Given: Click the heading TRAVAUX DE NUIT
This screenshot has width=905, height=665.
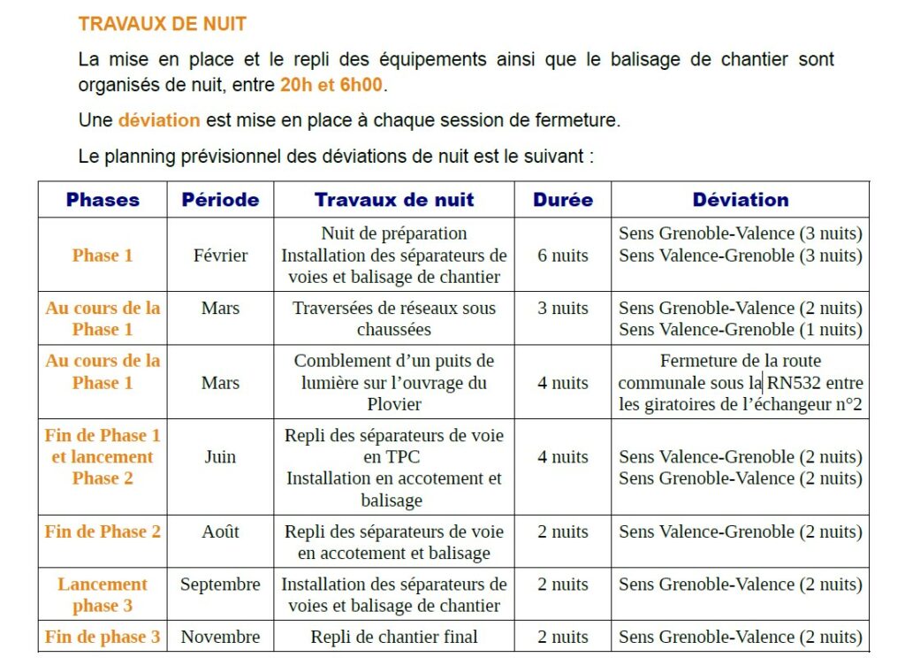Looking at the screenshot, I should [162, 24].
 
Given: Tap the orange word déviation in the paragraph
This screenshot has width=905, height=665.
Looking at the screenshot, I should [159, 120].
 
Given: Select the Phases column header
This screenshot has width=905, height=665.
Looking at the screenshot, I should [103, 200].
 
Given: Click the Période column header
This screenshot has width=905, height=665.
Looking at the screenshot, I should [220, 200].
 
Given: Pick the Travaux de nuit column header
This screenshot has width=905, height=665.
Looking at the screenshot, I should [394, 200].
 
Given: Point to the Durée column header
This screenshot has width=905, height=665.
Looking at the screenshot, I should [563, 200].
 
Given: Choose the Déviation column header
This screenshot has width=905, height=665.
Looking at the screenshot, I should [741, 200].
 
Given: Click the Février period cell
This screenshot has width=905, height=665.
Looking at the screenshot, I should [220, 256].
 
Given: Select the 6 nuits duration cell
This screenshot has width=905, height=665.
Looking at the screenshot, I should [563, 256].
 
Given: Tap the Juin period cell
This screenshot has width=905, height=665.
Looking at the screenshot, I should [220, 457].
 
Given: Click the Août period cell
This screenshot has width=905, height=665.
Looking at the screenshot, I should [220, 531].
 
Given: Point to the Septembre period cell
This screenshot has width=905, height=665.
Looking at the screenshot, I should [220, 585].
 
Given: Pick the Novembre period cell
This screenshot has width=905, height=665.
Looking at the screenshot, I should [220, 637].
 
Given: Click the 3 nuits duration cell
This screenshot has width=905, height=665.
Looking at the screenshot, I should [563, 309].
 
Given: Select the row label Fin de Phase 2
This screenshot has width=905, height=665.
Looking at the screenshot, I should [103, 531].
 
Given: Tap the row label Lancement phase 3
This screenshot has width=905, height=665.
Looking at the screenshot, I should [103, 595].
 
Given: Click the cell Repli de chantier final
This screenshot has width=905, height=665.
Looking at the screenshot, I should [394, 637].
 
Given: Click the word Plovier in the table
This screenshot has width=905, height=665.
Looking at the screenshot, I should [394, 404].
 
